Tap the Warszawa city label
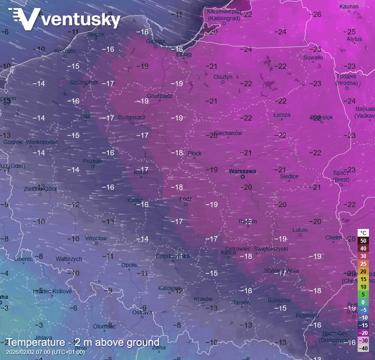[242, 171]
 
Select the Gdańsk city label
[156, 41]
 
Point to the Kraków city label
[203, 299]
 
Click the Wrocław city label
[96, 238]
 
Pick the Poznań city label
[92, 161]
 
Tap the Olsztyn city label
[223, 77]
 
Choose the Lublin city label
[300, 230]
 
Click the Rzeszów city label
[279, 300]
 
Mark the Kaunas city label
[349, 6]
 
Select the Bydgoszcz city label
[131, 117]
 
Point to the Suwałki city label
[313, 57]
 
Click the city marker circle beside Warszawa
[243, 177]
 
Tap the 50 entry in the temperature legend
[363, 241]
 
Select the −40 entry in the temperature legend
[363, 348]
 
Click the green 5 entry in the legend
[363, 294]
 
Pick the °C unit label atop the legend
[363, 233]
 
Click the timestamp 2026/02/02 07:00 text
[45, 352]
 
